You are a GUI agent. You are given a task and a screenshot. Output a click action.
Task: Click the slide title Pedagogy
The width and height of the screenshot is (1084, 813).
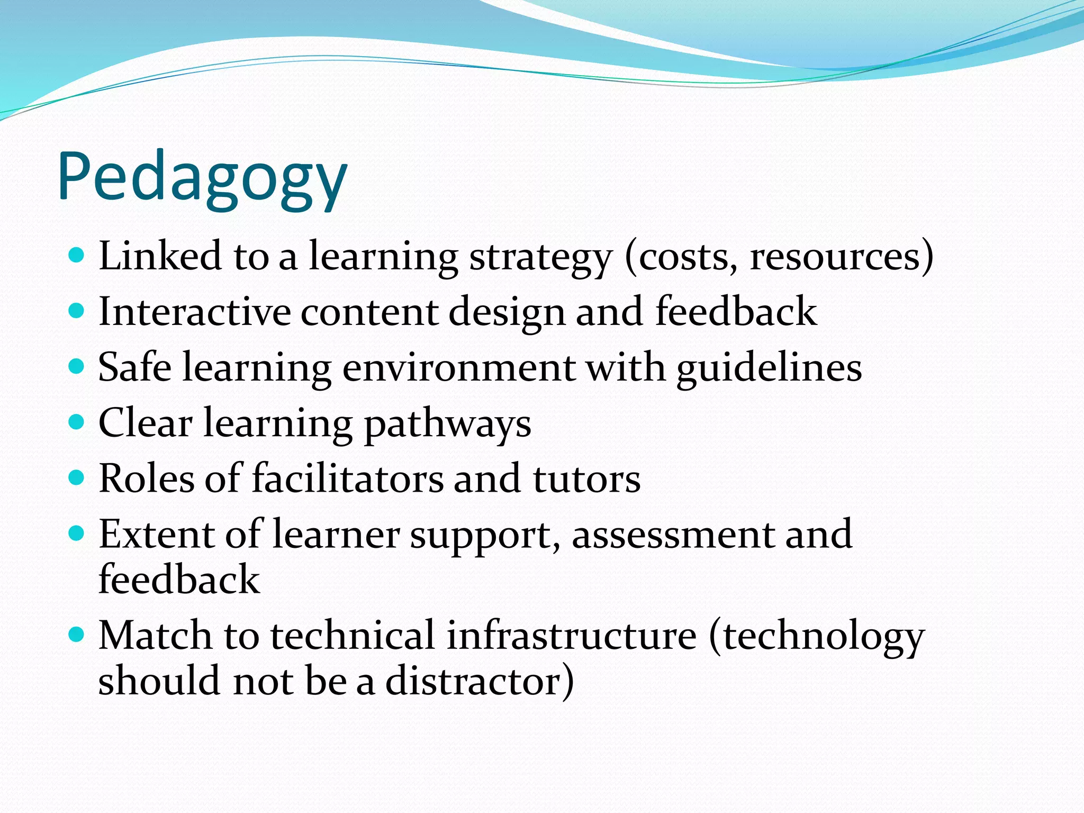click(202, 177)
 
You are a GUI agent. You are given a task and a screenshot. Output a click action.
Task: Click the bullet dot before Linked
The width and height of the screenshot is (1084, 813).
click(77, 255)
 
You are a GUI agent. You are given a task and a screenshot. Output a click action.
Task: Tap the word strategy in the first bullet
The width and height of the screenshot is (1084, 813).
click(540, 257)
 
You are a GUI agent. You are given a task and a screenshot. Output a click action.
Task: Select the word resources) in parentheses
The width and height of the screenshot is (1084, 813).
click(842, 257)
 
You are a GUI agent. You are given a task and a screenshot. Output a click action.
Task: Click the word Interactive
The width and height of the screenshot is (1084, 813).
click(194, 312)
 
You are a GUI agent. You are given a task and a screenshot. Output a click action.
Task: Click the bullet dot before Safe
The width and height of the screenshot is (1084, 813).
click(77, 366)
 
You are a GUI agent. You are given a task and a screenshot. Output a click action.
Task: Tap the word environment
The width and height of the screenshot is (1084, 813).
click(459, 368)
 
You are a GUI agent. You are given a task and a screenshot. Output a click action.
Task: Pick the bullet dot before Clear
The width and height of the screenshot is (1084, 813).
click(77, 422)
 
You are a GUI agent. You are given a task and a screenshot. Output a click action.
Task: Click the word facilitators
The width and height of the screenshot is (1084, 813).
click(348, 478)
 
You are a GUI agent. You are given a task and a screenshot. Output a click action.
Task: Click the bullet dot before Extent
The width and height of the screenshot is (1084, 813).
click(77, 532)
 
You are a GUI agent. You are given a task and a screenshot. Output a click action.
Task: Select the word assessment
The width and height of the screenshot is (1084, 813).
click(673, 535)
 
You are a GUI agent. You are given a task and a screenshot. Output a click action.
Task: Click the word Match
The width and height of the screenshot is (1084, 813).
click(155, 635)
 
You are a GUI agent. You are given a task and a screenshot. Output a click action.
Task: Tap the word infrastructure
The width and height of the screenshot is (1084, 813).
click(572, 635)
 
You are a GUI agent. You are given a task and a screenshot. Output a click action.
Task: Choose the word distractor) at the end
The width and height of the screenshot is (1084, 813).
click(480, 681)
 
